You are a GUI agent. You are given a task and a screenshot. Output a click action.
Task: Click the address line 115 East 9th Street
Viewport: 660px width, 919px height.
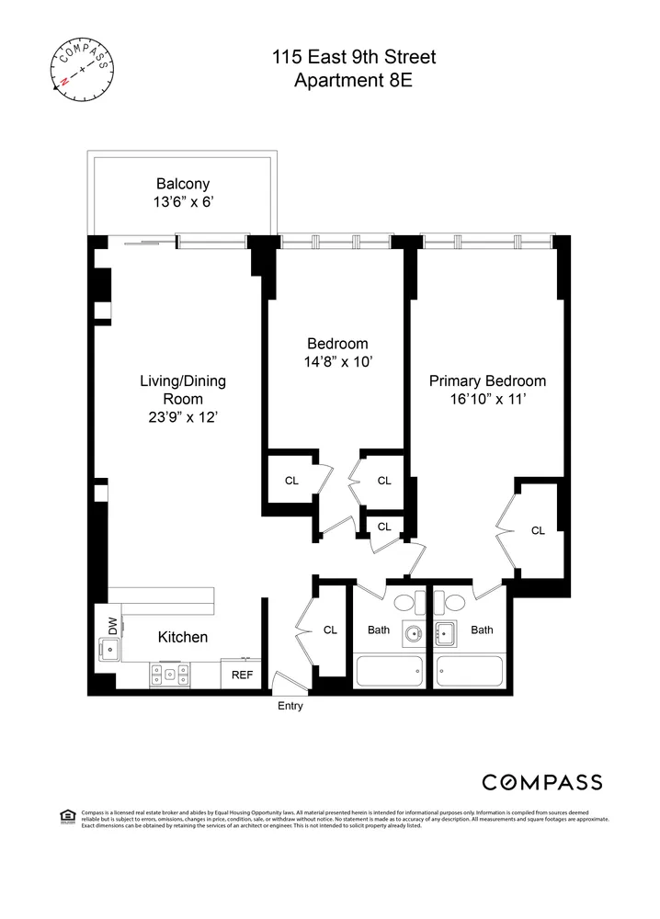354,58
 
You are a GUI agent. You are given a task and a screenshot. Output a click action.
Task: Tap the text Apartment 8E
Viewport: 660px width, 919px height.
354,81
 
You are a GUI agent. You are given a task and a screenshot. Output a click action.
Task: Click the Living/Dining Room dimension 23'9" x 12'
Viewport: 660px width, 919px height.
182,416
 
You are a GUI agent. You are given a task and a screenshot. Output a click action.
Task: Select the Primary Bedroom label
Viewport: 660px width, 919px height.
487,381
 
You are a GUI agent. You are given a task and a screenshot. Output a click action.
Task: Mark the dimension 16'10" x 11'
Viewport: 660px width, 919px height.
487,400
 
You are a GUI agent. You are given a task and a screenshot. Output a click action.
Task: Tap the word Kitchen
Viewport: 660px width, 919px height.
182,637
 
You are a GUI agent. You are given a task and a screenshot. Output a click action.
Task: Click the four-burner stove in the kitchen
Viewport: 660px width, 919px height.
169,675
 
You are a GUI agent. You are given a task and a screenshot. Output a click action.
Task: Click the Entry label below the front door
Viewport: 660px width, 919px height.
290,707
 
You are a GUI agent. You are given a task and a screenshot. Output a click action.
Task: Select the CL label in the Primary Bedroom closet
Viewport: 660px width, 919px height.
538,530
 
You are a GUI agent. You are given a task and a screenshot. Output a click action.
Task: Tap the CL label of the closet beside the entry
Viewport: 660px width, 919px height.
330,630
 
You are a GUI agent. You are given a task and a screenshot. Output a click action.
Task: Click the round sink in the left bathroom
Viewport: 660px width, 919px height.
411,633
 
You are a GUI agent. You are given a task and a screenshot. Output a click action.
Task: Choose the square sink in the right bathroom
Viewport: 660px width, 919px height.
448,632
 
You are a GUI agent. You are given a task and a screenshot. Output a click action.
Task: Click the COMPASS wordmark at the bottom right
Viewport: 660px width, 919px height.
542,782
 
